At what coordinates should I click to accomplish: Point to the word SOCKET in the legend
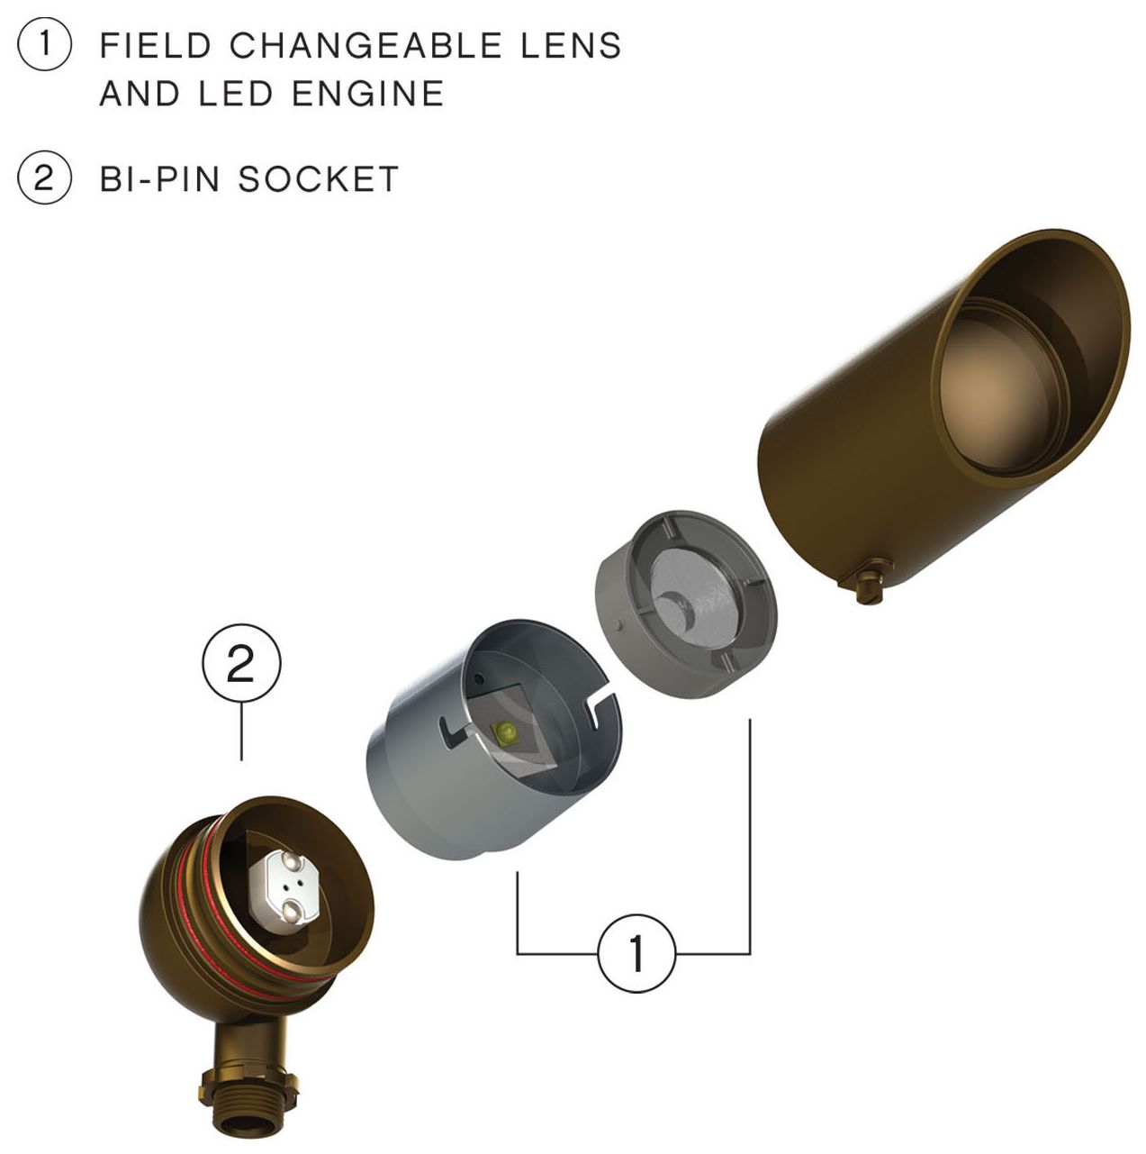pyautogui.click(x=319, y=178)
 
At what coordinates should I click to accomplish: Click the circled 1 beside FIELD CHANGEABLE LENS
pyautogui.click(x=44, y=45)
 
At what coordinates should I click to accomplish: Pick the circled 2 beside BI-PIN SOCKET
pyautogui.click(x=44, y=177)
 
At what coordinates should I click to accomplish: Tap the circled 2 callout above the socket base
pyautogui.click(x=241, y=666)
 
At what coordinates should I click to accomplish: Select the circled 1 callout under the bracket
pyautogui.click(x=636, y=953)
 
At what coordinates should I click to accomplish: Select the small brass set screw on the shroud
pyautogui.click(x=870, y=585)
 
